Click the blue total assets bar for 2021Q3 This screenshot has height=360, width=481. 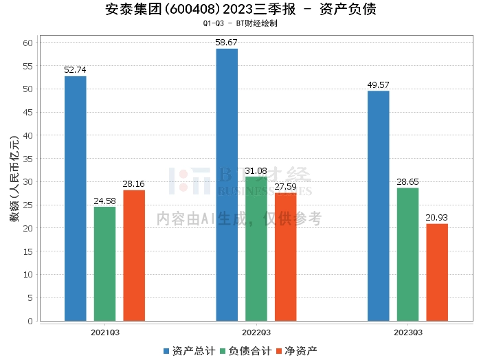point(76,199)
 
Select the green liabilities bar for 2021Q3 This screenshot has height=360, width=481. point(105,264)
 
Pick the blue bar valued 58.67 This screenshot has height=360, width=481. point(227,185)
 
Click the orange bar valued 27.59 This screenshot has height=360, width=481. point(286,257)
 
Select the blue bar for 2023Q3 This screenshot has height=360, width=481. point(379,206)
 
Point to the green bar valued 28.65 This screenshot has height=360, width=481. point(408,254)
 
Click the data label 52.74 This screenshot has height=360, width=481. point(76,70)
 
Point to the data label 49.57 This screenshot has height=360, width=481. point(379,85)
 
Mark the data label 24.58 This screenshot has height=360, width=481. point(105,201)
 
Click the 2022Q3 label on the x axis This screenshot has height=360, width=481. point(256,331)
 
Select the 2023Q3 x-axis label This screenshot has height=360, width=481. point(408,331)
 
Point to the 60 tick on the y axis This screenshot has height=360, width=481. point(28,43)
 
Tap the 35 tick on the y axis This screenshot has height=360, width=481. point(28,159)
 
